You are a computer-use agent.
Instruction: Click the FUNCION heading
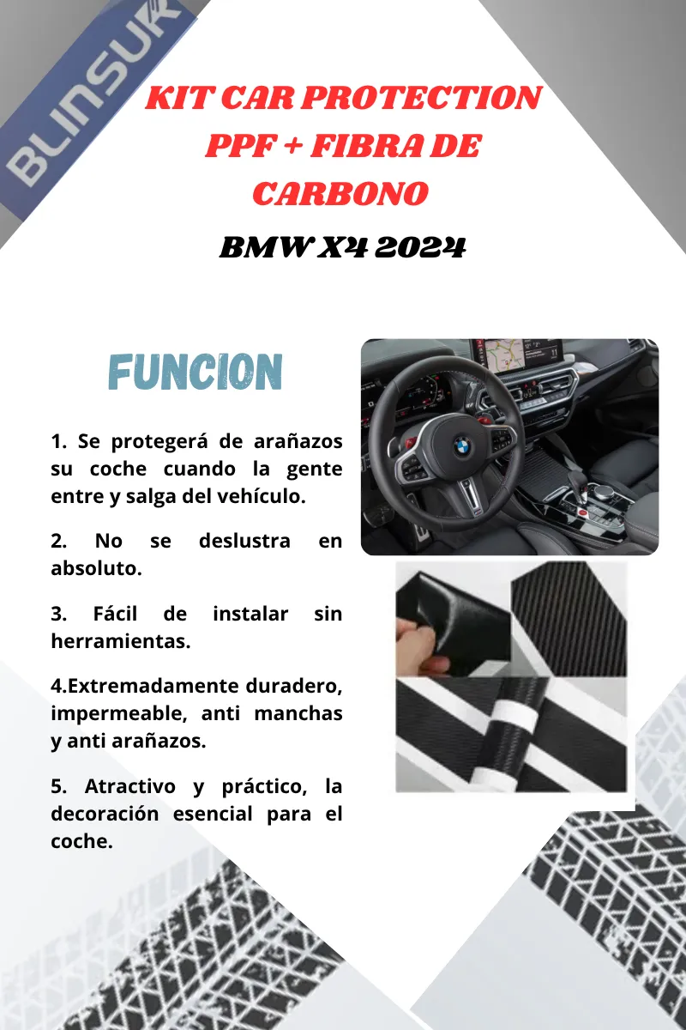click(196, 372)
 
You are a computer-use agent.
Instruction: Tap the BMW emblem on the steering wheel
click(463, 446)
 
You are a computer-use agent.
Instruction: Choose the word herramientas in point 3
click(120, 641)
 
